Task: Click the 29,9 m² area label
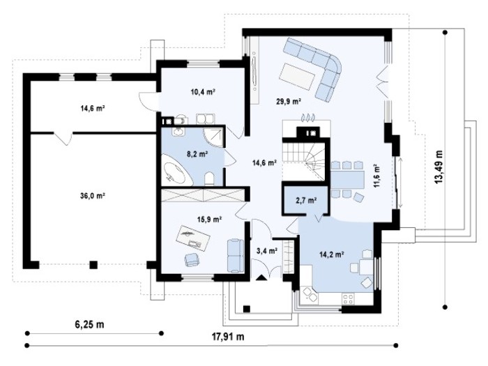point(289,102)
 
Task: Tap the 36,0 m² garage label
point(93,196)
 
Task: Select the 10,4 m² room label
point(203,92)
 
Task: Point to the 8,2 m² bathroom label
point(197,154)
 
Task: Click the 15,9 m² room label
point(209,220)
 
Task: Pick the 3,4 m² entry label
point(267,250)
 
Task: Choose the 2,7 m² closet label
point(306,201)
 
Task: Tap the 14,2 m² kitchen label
point(331,254)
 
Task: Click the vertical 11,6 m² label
point(376,176)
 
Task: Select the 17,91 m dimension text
point(228,337)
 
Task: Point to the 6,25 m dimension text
point(89,325)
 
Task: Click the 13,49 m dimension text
point(439,167)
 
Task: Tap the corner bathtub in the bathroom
point(176,169)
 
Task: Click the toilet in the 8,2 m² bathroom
point(209,178)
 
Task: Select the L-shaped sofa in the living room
point(315,68)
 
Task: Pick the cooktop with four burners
point(348,299)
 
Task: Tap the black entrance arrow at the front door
point(261,277)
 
